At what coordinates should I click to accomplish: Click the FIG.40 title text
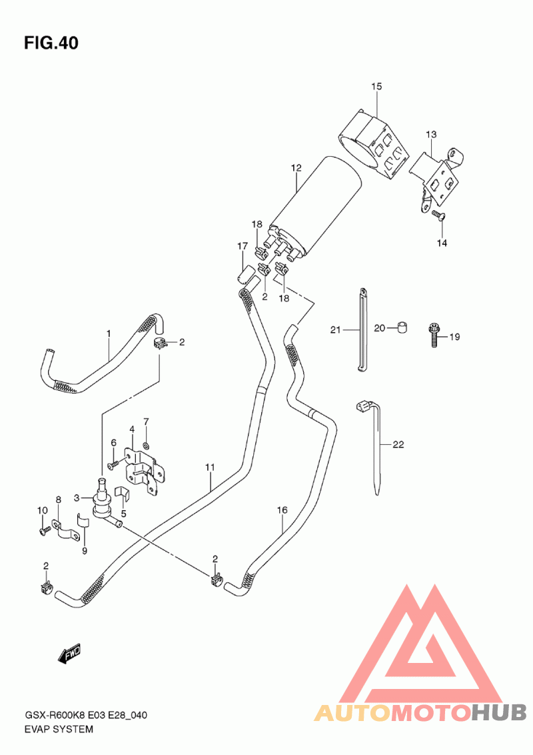51,43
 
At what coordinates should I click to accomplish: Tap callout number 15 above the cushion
376,86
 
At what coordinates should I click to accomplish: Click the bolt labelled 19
434,335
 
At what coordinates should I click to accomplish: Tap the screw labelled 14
438,215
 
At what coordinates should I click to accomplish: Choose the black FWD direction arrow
70,654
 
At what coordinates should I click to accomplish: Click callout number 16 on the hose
282,510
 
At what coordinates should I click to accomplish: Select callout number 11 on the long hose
210,467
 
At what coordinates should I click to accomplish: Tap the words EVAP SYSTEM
59,729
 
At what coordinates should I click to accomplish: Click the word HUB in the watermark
498,712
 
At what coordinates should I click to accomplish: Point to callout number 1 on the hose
109,333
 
